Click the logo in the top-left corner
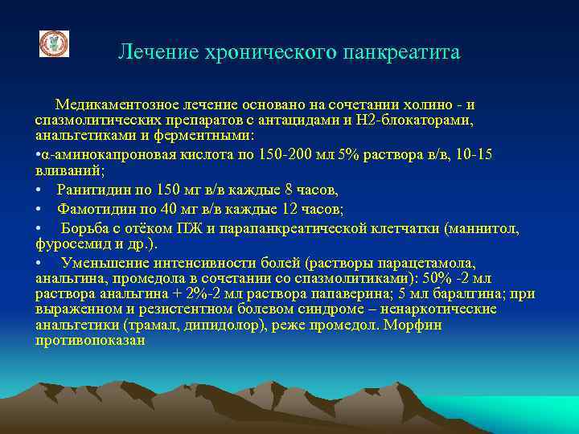[x=55, y=43]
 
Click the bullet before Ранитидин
[x=39, y=190]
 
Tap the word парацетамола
[x=431, y=263]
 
